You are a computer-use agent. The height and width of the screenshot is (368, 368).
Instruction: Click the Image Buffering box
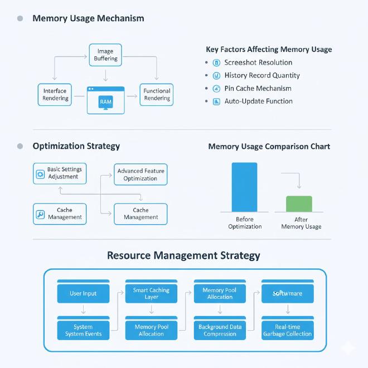(105, 55)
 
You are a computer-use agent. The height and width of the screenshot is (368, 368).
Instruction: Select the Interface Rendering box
(55, 94)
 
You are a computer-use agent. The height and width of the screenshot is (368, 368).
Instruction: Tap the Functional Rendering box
(157, 94)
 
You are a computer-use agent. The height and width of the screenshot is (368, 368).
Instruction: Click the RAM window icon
(105, 100)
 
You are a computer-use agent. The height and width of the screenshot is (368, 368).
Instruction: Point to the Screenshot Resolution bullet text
(258, 62)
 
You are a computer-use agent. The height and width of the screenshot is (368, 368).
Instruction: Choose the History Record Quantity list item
(262, 75)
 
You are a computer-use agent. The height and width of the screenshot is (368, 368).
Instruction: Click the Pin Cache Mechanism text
(258, 88)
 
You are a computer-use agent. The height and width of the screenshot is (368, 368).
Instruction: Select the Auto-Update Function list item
(258, 101)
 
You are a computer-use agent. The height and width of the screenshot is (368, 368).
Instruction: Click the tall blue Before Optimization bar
(244, 187)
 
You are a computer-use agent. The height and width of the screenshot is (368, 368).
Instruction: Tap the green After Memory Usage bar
(299, 204)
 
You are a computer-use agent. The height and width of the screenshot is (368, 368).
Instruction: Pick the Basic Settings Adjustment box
(60, 173)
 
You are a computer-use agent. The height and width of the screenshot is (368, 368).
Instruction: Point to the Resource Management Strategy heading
(183, 256)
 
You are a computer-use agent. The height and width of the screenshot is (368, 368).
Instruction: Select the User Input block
(83, 293)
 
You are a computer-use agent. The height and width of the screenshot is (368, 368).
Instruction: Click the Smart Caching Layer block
(151, 293)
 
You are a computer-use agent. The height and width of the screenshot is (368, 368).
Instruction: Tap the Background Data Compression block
(220, 330)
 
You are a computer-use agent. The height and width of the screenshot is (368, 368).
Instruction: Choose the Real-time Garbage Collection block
(288, 330)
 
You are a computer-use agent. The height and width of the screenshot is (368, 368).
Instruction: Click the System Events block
(83, 330)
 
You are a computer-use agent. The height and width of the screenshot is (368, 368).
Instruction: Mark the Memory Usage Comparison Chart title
(269, 147)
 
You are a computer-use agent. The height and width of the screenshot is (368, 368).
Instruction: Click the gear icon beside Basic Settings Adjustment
(40, 174)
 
